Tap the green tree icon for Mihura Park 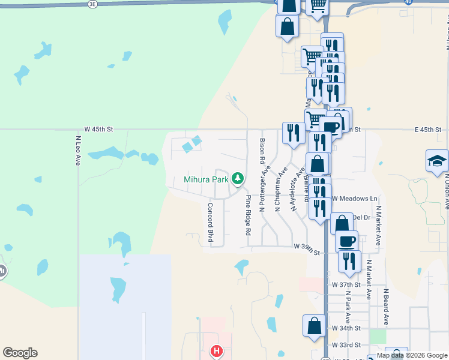(x=238, y=178)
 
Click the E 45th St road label (x=427, y=130)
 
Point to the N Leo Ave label (x=78, y=151)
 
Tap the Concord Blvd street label (x=211, y=223)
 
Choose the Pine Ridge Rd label (x=247, y=215)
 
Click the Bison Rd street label (x=262, y=152)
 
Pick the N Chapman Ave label (x=278, y=190)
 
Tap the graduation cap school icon (x=437, y=160)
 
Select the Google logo (x=20, y=353)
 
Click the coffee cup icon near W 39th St (x=346, y=241)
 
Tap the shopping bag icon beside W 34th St (x=315, y=326)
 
